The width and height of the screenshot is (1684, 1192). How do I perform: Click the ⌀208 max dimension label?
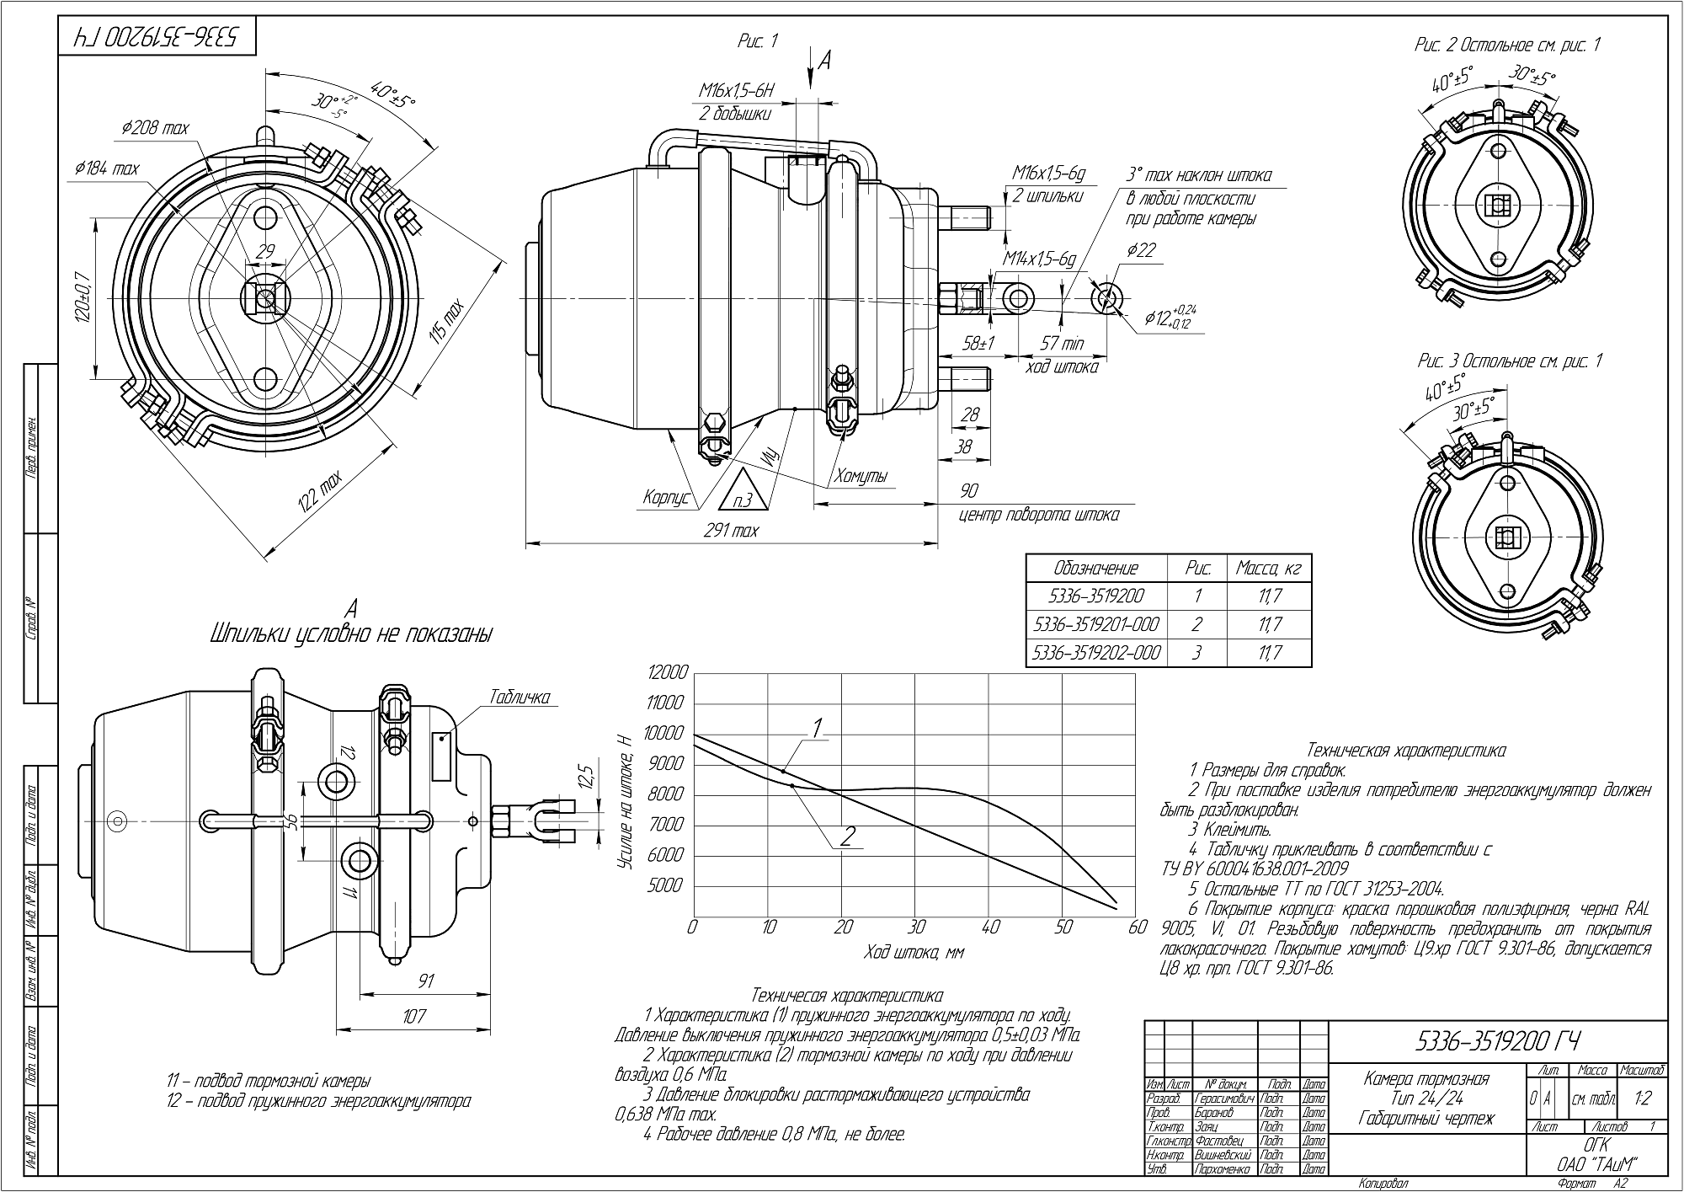click(155, 128)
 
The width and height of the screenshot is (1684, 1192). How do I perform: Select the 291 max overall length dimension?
click(732, 531)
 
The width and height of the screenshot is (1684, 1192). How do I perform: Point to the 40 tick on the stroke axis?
click(990, 928)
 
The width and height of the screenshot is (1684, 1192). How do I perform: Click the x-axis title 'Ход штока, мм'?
click(914, 953)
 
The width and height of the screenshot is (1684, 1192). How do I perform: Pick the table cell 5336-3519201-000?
click(1095, 624)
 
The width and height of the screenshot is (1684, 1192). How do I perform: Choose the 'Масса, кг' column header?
click(1268, 569)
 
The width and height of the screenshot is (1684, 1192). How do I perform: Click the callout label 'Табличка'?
click(519, 698)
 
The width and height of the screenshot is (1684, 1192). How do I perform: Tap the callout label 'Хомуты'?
click(861, 477)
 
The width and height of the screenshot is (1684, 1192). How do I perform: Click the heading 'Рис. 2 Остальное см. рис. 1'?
click(1507, 45)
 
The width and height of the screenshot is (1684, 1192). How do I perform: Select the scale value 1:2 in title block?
click(1641, 1099)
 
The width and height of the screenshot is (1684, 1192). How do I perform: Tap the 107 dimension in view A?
click(414, 1016)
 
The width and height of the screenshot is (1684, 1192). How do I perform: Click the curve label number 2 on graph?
click(847, 837)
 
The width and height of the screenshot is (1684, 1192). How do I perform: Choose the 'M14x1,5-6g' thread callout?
click(1039, 259)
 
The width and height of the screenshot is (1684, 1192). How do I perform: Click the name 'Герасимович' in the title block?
click(1224, 1098)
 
